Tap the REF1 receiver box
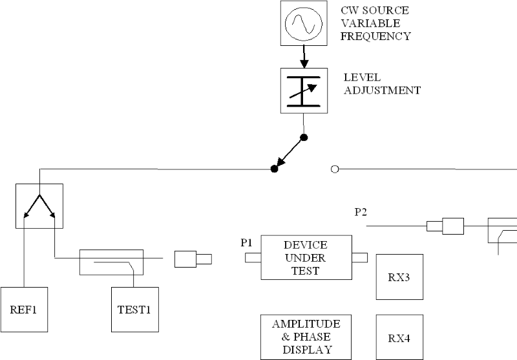tap(25, 309)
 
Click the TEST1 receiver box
tap(134, 309)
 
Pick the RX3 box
tap(399, 277)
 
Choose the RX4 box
tap(399, 337)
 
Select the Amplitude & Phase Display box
tap(306, 337)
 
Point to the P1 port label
tap(246, 243)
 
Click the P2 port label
tap(361, 211)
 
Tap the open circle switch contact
tap(335, 169)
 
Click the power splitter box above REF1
tap(39, 206)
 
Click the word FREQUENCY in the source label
tap(375, 36)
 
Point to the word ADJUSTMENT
tap(382, 90)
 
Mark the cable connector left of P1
tap(193, 259)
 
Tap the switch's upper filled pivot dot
tap(303, 137)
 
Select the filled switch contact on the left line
tap(274, 169)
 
